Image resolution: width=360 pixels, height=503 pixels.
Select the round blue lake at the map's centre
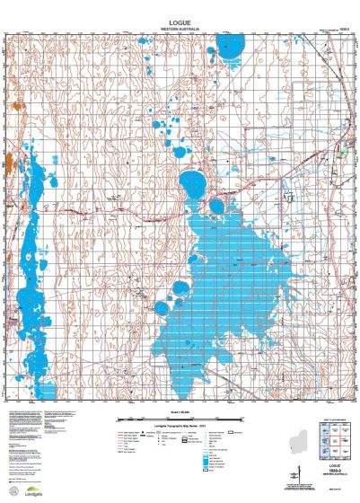[192, 185]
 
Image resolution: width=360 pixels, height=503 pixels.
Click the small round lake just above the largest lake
[216, 207]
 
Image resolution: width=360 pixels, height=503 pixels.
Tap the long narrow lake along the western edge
[31, 296]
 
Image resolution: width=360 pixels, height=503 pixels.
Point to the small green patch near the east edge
[342, 153]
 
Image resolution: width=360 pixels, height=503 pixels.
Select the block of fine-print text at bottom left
[36, 440]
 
